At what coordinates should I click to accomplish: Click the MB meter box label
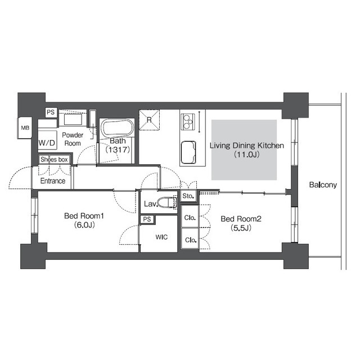[x=25, y=128]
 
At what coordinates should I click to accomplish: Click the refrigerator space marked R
[x=149, y=120]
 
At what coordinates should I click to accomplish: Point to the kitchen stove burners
[x=187, y=121]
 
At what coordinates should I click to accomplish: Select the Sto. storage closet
[x=188, y=196]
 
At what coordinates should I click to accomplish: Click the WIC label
[x=161, y=237]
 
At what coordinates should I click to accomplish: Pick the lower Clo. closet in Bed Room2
[x=190, y=238]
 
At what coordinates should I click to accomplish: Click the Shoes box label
[x=54, y=159]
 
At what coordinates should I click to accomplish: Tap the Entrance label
[x=53, y=181]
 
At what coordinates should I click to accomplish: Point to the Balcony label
[x=323, y=185]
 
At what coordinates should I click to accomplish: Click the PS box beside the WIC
[x=147, y=219]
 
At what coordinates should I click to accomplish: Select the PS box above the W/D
[x=51, y=112]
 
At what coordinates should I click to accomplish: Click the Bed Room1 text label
[x=84, y=216]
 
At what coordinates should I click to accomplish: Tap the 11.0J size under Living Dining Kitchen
[x=247, y=154]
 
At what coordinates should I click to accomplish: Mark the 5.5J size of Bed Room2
[x=241, y=228]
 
